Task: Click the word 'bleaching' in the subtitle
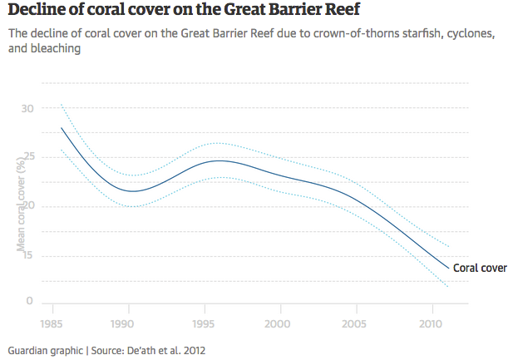pos(55,49)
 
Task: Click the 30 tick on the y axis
pos(28,108)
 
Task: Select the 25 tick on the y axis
pos(28,157)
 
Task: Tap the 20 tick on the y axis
pos(28,206)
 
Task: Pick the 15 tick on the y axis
pos(28,255)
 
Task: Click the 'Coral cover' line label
pos(480,268)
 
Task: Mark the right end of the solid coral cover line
pos(449,268)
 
